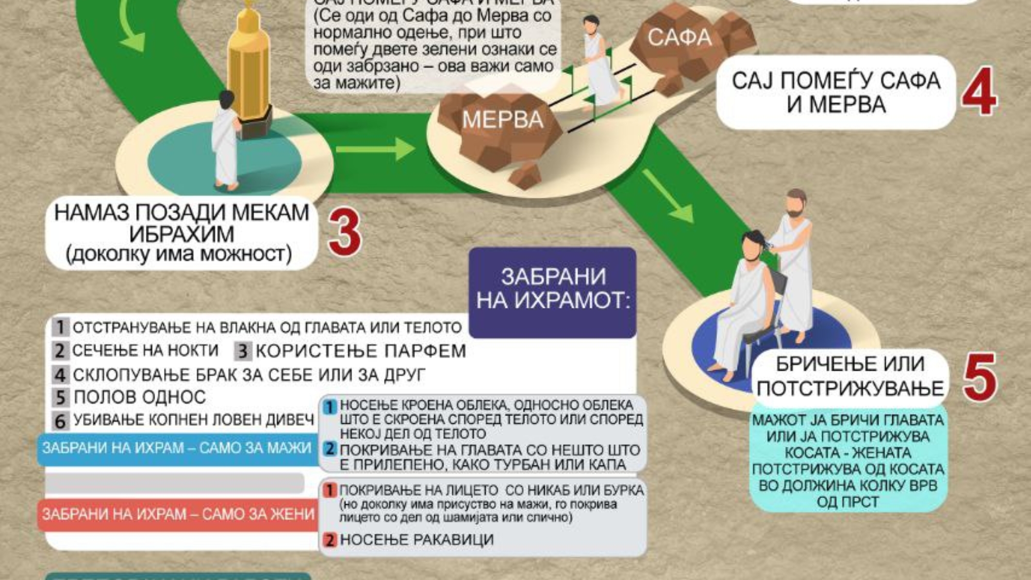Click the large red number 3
344,232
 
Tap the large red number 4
978,91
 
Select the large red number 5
979,377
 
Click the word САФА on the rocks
679,38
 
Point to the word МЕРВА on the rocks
503,120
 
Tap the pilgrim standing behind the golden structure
225,139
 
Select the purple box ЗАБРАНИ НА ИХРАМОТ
553,290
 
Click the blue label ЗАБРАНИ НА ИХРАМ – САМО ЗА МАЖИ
176,448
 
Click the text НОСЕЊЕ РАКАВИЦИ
417,540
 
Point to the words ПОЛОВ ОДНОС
140,397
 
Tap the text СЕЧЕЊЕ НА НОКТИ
145,351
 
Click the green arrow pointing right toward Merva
375,150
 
